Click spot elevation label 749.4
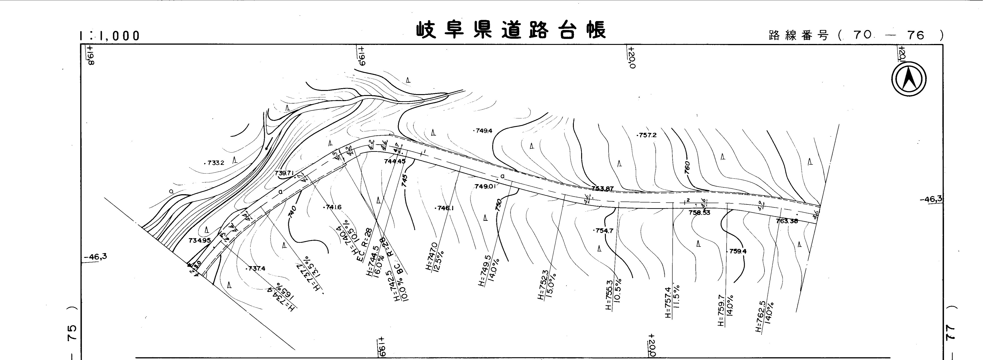(484, 131)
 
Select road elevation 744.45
(395, 161)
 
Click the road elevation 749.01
(485, 186)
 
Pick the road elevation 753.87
(602, 188)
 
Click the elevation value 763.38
(787, 221)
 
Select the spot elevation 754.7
(604, 231)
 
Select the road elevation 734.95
(199, 240)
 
